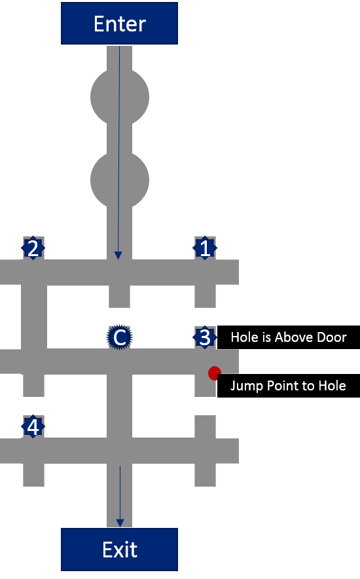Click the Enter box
119,24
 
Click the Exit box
119,550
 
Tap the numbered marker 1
205,248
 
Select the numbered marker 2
33,248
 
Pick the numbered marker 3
205,337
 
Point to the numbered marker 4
33,426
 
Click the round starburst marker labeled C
120,337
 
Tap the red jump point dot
214,373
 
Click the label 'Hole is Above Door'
289,337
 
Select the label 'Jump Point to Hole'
289,386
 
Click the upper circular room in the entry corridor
120,97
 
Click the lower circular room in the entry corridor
120,180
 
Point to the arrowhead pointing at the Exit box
120,523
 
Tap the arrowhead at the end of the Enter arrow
118,255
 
